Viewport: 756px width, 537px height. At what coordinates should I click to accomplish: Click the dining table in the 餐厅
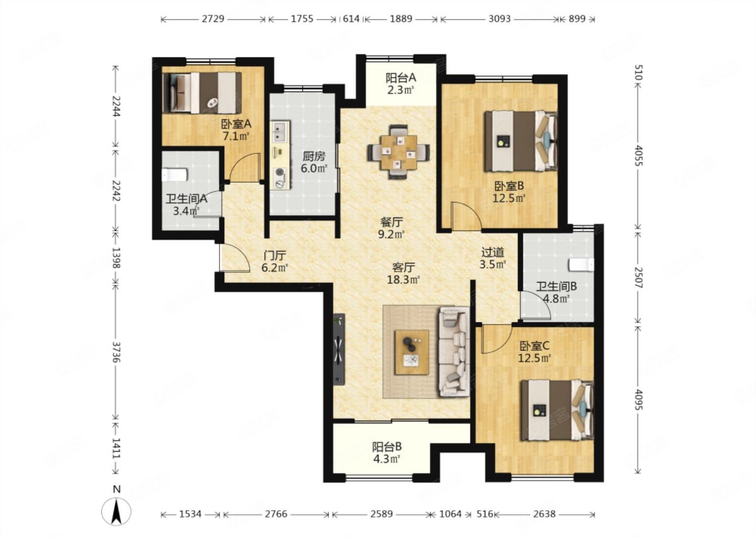(398, 153)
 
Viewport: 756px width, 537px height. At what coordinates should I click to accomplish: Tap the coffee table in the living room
(412, 352)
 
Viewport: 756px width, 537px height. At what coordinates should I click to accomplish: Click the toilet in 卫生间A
(174, 175)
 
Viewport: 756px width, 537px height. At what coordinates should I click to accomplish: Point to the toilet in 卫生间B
(581, 265)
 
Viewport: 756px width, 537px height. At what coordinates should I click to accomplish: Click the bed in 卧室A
(202, 93)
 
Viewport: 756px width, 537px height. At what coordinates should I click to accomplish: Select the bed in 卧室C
(557, 410)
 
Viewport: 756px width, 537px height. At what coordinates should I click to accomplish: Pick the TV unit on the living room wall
(339, 349)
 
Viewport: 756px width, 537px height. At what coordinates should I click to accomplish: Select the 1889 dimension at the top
(401, 19)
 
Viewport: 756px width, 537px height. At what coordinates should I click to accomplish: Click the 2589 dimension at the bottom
(382, 514)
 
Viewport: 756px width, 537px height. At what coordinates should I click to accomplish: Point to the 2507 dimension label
(639, 278)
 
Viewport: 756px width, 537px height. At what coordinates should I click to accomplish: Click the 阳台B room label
(387, 447)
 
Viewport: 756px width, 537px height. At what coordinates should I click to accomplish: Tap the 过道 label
(492, 252)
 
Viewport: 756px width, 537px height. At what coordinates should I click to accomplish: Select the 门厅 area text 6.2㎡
(275, 268)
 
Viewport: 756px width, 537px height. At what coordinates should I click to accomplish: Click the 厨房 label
(314, 156)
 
